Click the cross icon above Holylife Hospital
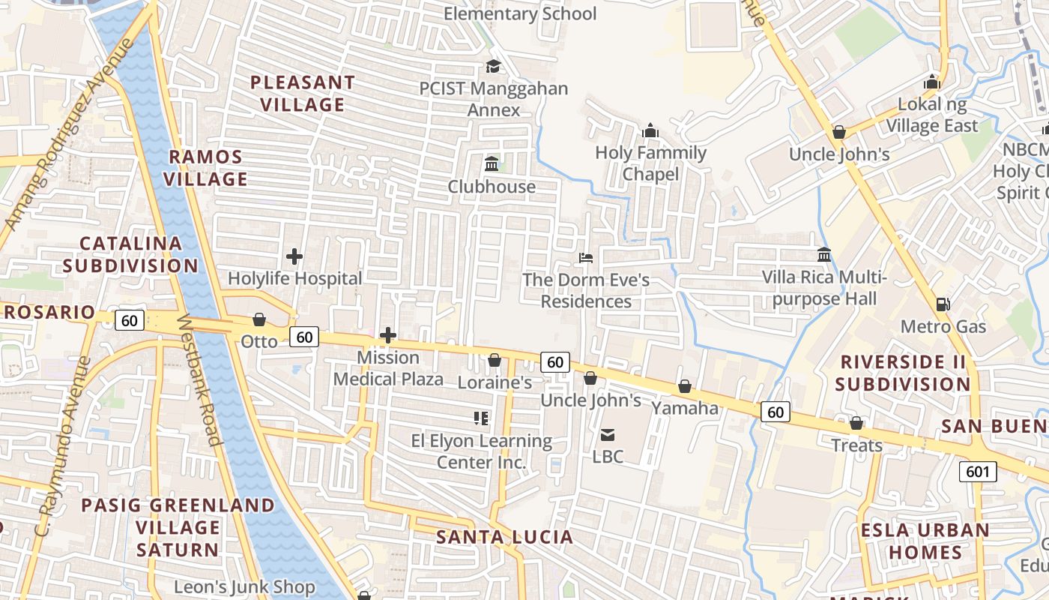pos(294,256)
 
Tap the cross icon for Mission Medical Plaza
pos(388,334)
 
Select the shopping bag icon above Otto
pos(259,319)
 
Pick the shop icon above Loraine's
pos(495,360)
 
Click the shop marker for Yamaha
pos(684,386)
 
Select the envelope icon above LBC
pos(608,434)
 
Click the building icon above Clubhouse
pos(492,163)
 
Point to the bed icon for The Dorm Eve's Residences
pos(586,258)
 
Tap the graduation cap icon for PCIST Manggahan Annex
pos(493,66)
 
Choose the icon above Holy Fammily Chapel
pos(650,130)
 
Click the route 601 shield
pos(978,472)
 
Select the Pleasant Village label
pos(303,93)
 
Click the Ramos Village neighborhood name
pos(206,168)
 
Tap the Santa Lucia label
pos(504,537)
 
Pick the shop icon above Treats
pos(856,423)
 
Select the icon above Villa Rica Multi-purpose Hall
pos(824,255)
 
